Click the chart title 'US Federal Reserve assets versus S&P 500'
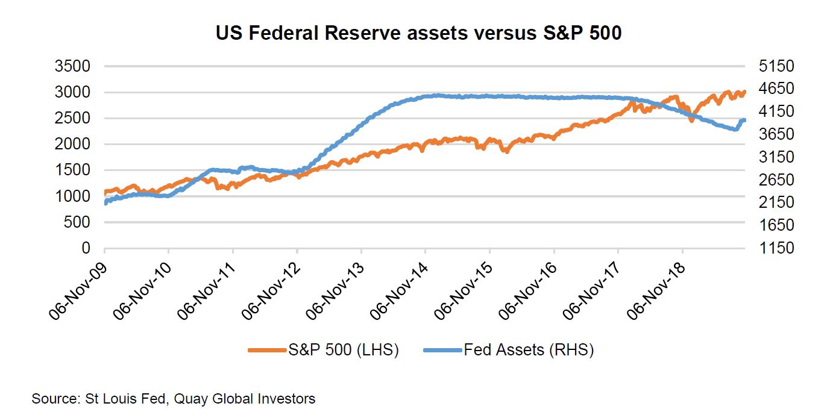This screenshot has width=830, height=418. (418, 33)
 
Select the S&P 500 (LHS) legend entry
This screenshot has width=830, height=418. (323, 350)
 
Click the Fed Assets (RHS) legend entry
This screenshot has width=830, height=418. (509, 350)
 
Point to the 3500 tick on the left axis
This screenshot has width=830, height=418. (72, 66)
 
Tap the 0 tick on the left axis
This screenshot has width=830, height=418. (86, 248)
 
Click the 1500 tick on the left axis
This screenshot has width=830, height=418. (72, 170)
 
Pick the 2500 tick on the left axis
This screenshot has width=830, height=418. (72, 119)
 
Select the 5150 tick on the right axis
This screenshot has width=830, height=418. (776, 66)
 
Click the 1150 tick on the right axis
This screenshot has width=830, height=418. (776, 248)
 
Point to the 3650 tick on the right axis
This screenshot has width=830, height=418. (776, 134)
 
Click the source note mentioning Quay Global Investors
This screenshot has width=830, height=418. (173, 399)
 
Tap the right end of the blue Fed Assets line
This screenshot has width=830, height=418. (744, 120)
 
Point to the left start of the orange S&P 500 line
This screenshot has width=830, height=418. (106, 193)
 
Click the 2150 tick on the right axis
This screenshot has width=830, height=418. (776, 202)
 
